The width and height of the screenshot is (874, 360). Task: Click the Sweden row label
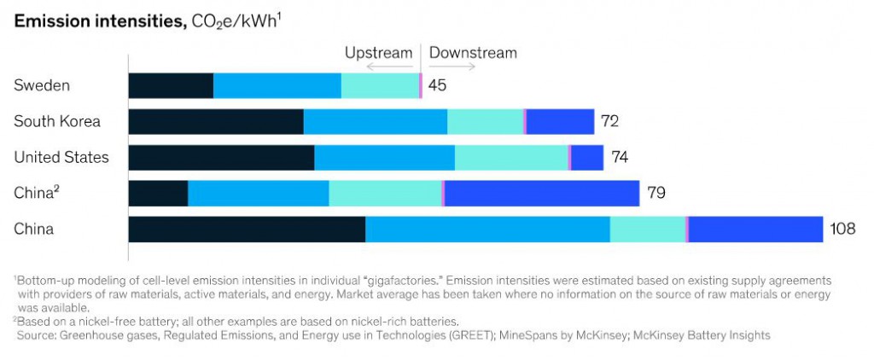(x=42, y=85)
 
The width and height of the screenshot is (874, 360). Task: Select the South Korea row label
(x=57, y=121)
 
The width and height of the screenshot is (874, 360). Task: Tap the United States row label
(x=61, y=157)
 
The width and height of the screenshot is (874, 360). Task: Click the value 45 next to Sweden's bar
(x=437, y=85)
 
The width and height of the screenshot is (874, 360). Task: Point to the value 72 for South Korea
(x=609, y=121)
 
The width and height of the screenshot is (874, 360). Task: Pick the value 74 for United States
(x=619, y=157)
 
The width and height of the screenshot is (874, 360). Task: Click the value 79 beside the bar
(x=655, y=193)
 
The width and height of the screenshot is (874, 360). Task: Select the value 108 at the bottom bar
(x=842, y=229)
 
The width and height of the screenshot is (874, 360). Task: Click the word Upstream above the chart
(x=378, y=53)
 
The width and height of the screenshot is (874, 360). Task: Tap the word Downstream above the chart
(x=473, y=53)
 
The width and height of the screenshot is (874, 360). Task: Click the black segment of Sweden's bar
(x=171, y=85)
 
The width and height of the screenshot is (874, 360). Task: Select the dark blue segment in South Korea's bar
(x=560, y=121)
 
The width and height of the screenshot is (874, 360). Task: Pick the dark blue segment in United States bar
(x=587, y=157)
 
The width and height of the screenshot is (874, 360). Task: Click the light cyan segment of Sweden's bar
(x=380, y=85)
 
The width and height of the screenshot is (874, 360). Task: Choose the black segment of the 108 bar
(x=247, y=229)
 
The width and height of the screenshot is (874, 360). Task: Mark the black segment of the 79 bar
(x=158, y=193)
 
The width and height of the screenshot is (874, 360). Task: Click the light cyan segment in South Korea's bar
(x=485, y=121)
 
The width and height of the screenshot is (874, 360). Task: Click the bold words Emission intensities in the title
(x=97, y=23)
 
